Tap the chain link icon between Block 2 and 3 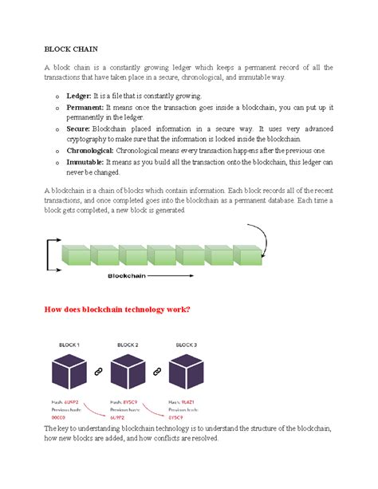156,373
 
